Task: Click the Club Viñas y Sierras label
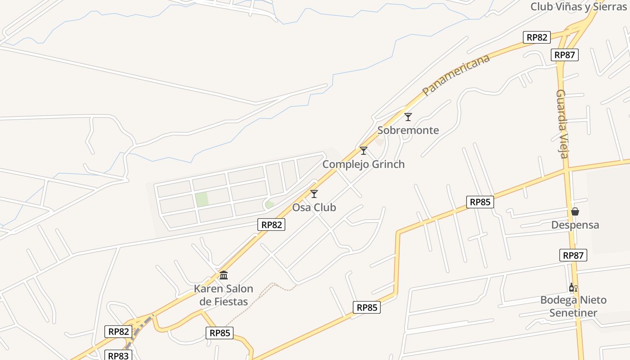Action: [x=579, y=7]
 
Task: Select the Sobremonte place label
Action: [x=408, y=130]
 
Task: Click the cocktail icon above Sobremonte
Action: [x=408, y=117]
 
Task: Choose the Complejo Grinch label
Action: [x=363, y=164]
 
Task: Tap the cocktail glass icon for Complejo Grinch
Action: [x=364, y=151]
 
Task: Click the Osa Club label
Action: [x=314, y=207]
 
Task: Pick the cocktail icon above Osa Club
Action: [x=314, y=194]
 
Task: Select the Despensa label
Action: [x=575, y=225]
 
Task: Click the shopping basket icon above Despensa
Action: [x=575, y=211]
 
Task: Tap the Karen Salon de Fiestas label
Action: [x=224, y=295]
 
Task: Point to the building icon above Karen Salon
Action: [x=224, y=275]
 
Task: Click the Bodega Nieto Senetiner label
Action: [x=573, y=306]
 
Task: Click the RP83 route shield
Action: [x=118, y=355]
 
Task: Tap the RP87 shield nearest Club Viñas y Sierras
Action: [x=565, y=55]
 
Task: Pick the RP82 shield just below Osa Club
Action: [x=271, y=225]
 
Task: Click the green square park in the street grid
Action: [x=202, y=199]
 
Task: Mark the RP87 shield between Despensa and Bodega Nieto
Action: [x=573, y=255]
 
